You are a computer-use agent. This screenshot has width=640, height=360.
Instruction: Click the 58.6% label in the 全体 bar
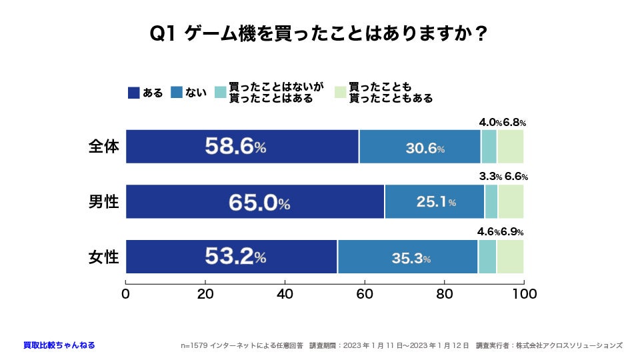point(235,147)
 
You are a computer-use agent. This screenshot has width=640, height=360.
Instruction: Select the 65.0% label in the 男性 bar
point(259,203)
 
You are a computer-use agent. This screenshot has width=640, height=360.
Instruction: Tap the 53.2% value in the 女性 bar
point(235,257)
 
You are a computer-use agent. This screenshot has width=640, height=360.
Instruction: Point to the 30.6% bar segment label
point(425,149)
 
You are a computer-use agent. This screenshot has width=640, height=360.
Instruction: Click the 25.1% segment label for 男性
point(435,203)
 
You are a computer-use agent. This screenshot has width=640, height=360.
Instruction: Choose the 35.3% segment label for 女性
point(411,258)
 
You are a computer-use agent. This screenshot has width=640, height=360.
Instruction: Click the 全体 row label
point(103,147)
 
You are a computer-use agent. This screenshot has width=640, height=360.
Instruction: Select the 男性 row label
point(103,201)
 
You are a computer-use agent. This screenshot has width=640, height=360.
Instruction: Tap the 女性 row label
point(103,257)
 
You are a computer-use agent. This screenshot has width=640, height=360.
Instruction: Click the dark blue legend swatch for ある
point(133,93)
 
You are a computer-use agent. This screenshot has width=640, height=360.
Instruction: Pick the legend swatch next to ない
point(177,93)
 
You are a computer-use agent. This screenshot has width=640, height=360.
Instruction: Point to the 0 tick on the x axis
point(125,293)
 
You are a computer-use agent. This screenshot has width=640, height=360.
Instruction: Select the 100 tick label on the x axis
point(524,293)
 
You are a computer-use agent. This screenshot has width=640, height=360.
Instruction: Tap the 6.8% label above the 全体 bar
point(514,123)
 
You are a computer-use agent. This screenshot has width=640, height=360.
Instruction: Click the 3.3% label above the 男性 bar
point(490,177)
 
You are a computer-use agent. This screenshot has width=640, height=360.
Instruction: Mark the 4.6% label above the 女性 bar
point(489,232)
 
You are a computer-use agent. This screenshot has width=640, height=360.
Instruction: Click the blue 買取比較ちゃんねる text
point(59,345)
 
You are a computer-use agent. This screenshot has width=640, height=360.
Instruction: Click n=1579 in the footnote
point(194,345)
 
